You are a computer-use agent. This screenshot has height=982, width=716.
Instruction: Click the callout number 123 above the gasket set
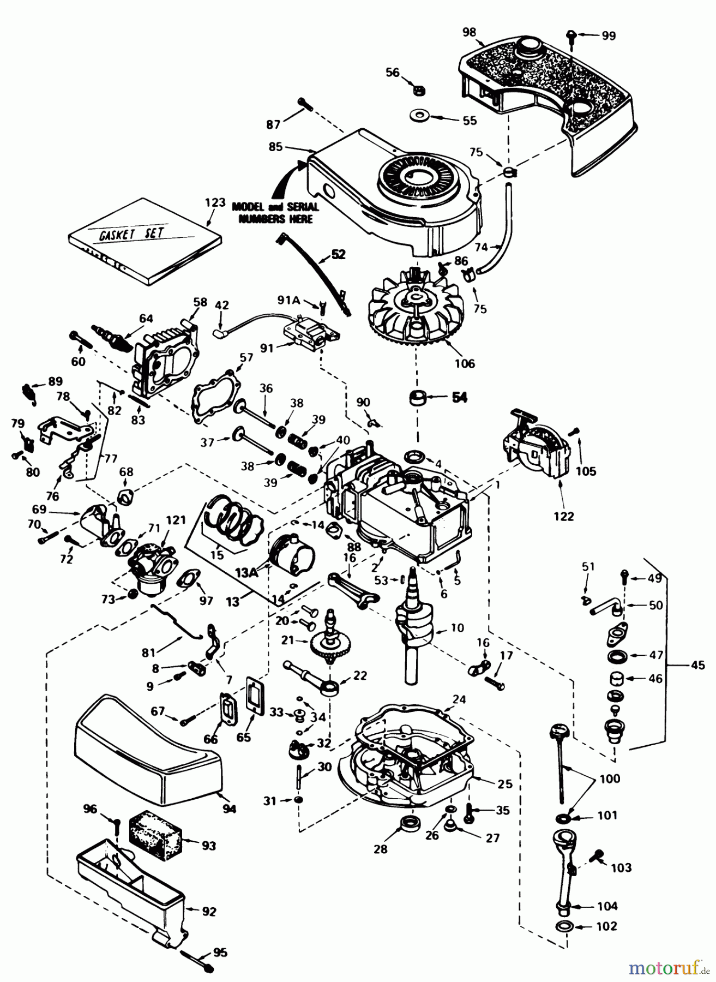(x=215, y=202)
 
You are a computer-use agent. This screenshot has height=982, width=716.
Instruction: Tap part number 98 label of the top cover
(x=469, y=32)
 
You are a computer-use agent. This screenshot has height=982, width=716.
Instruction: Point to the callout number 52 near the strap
(x=338, y=254)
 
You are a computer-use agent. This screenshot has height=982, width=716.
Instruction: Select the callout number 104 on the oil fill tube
(x=607, y=907)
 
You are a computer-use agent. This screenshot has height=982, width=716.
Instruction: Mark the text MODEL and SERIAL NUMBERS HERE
(x=273, y=213)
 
